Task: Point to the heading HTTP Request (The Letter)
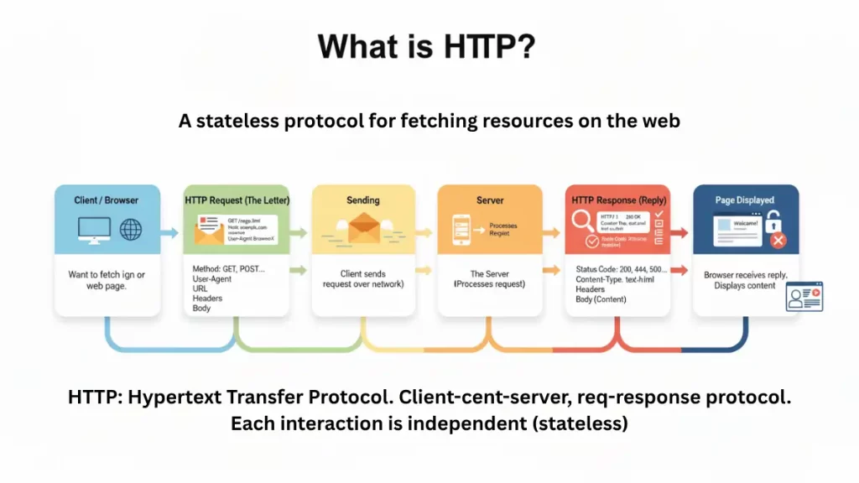pos(236,201)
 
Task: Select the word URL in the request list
pos(202,288)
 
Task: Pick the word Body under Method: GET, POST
pos(203,309)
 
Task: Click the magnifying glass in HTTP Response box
pos(582,221)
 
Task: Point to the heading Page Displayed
pos(745,200)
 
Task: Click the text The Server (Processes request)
pos(489,279)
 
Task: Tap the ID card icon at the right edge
pos(804,296)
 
